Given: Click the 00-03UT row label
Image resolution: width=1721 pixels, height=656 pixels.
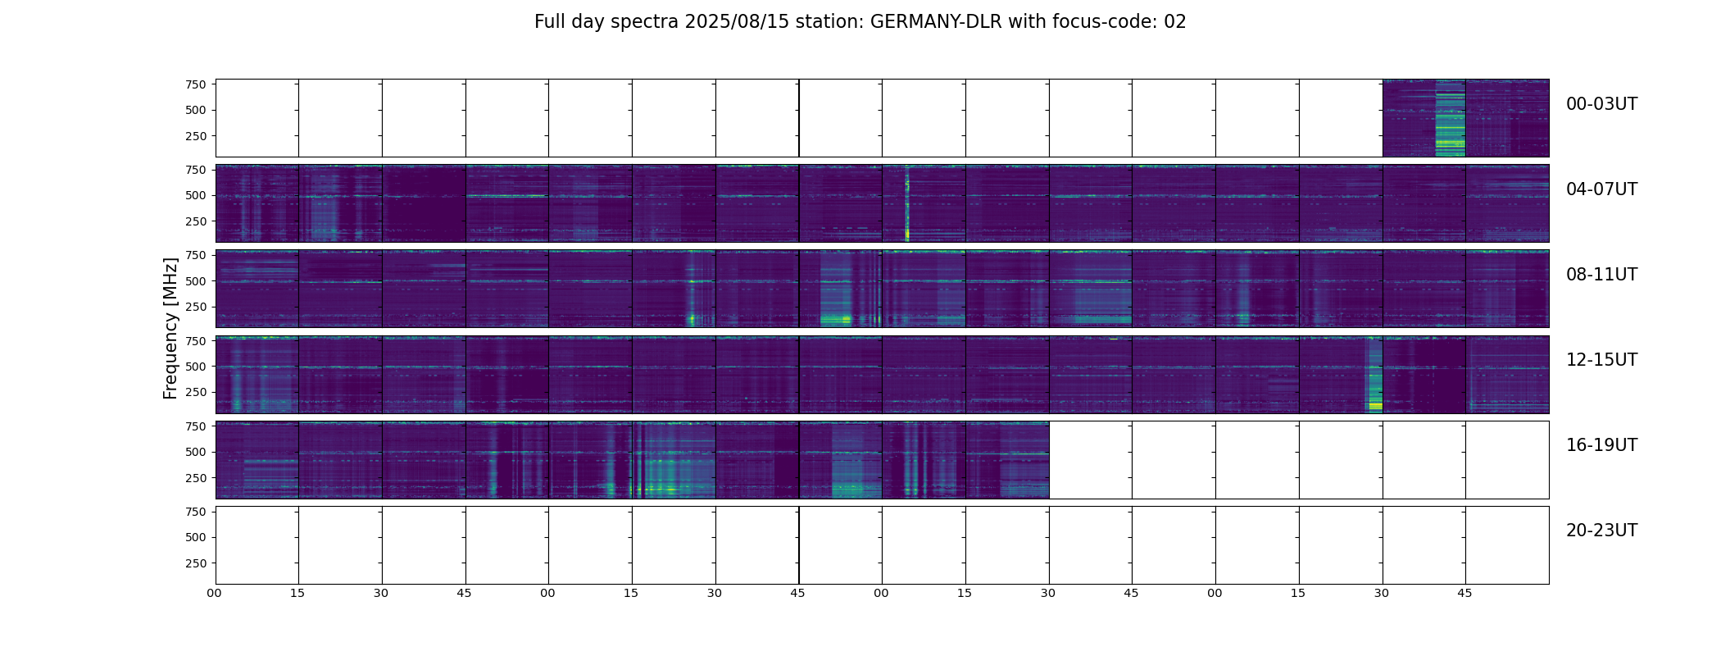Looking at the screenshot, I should [1601, 104].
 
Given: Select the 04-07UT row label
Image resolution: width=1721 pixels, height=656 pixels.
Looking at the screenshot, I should [1601, 189].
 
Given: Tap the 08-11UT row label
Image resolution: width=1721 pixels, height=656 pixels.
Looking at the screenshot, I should [1601, 275].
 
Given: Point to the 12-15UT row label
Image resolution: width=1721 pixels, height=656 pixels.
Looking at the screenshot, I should [1601, 360].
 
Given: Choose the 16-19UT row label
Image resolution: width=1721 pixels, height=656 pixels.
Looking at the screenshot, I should [1601, 445].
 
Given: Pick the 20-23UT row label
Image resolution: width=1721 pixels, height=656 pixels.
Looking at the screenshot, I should [1601, 531].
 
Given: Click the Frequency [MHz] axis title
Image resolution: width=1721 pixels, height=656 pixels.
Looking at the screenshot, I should [170, 328].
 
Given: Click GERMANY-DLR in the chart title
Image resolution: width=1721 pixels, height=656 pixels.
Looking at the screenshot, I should [936, 22].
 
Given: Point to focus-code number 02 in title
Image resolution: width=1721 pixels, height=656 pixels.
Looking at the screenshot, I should [1174, 22].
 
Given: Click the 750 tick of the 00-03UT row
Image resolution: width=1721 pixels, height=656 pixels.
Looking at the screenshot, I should [195, 84].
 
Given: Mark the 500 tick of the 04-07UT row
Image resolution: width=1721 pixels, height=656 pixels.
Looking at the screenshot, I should [195, 196].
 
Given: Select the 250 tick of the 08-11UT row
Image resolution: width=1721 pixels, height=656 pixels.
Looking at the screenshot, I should [195, 307].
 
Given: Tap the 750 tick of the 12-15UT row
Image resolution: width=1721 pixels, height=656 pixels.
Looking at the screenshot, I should [195, 340].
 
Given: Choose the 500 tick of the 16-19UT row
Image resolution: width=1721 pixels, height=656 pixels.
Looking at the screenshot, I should [195, 452].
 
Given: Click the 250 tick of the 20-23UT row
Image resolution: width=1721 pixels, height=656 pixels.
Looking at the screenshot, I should [195, 563].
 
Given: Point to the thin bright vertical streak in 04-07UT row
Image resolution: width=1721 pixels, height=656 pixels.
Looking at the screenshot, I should [907, 205].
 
